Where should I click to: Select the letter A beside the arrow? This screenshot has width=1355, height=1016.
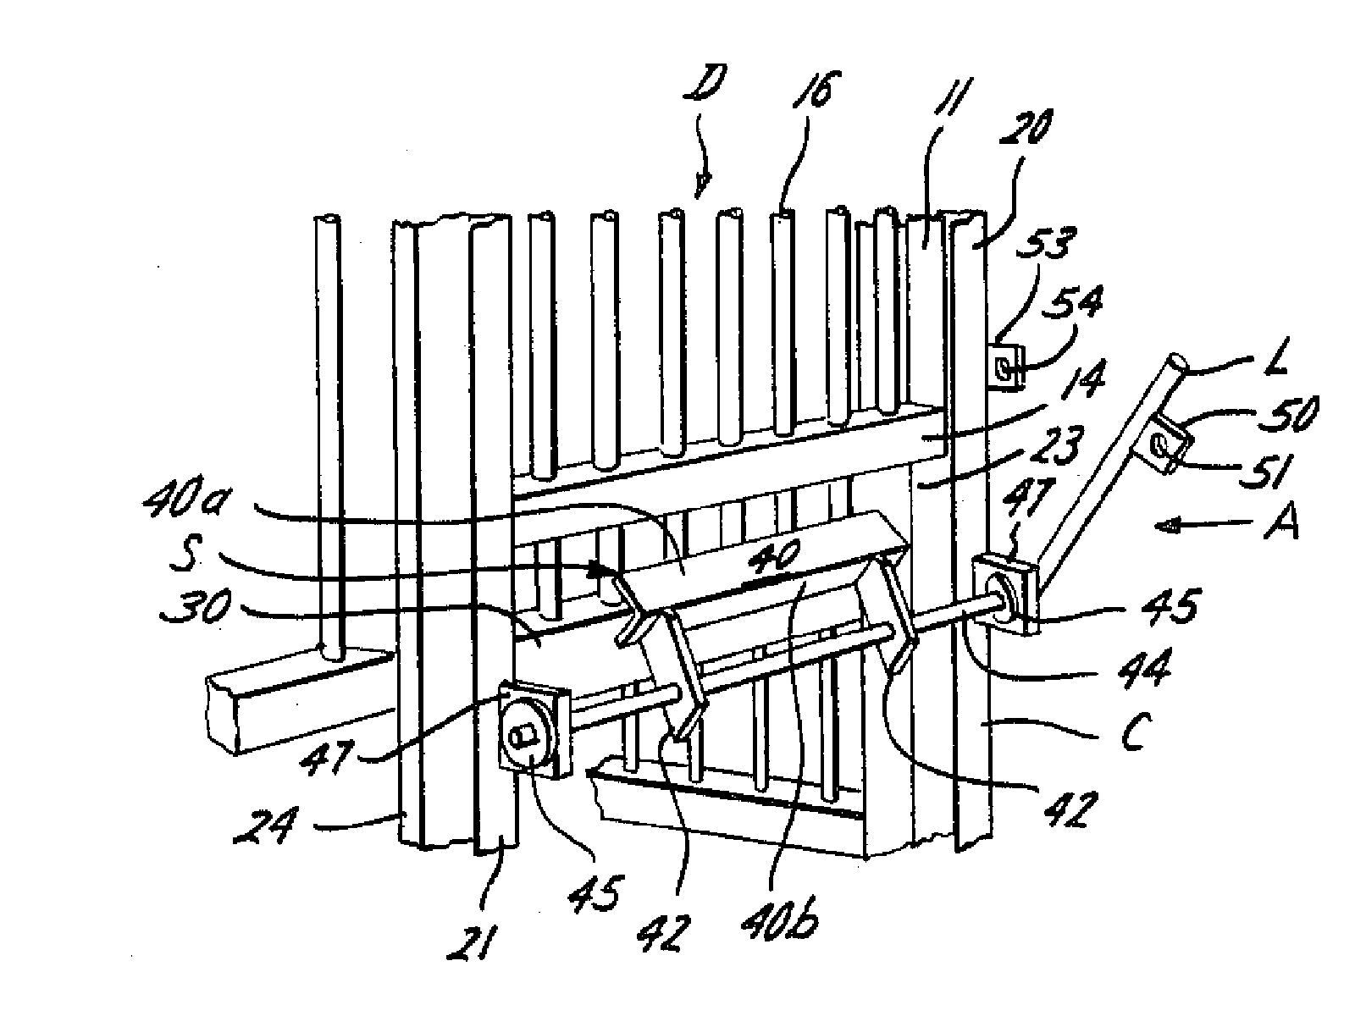[1280, 526]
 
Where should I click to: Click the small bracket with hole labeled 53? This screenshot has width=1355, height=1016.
[1004, 367]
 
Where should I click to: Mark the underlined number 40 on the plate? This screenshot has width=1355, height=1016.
[774, 560]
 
